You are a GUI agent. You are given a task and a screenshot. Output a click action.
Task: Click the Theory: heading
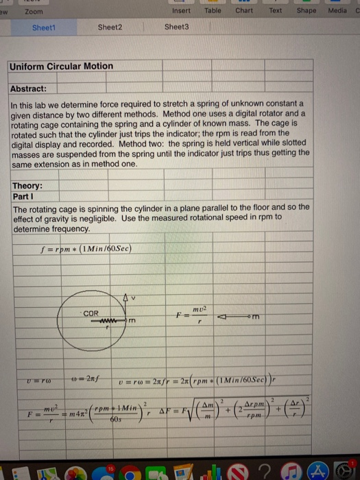[28, 186]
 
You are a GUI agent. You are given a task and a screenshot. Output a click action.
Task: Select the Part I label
[23, 196]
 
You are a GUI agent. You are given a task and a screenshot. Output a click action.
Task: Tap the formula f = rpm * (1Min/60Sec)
[86, 248]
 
